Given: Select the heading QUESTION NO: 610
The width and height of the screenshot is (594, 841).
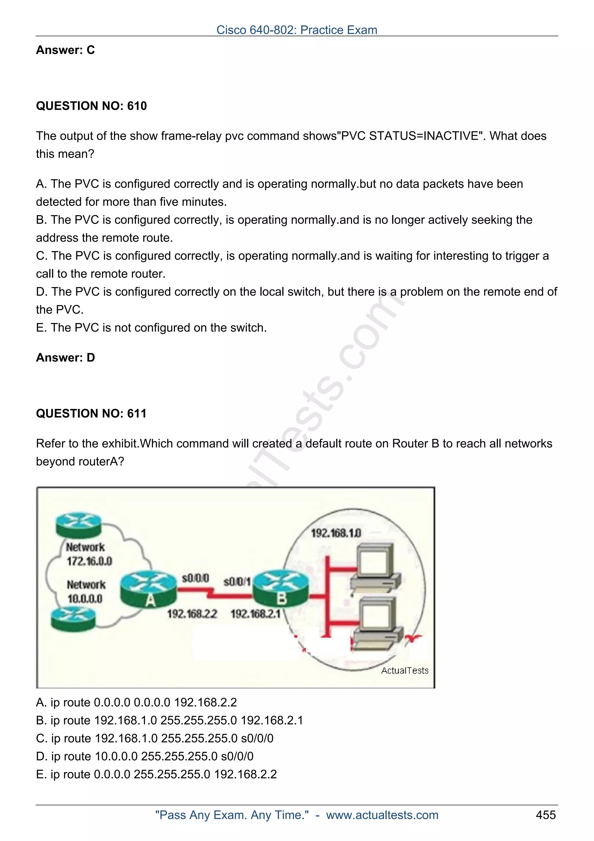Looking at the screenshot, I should pos(91,106).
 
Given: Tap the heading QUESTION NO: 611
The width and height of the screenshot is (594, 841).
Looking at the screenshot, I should pos(91,414).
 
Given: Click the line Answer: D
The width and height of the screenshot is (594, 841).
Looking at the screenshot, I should pos(65,358).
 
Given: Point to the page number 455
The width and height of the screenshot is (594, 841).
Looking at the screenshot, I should pos(545,815).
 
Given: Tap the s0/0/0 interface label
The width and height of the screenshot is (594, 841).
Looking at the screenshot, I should pos(195,578).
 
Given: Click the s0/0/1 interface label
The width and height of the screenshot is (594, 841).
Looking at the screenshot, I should pos(237,581).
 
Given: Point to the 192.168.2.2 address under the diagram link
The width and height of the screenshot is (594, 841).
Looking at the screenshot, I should pos(192,613).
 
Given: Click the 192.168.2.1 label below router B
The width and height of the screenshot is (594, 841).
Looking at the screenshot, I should pos(255,613).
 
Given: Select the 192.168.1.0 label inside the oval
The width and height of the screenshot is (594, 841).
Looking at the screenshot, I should pos(336,533).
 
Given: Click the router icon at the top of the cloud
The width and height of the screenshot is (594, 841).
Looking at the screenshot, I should pos(78,524).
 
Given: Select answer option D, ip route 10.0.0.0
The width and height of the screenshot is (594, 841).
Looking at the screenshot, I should pos(144,756).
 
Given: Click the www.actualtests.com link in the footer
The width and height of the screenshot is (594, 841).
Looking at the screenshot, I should pos(382,815).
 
